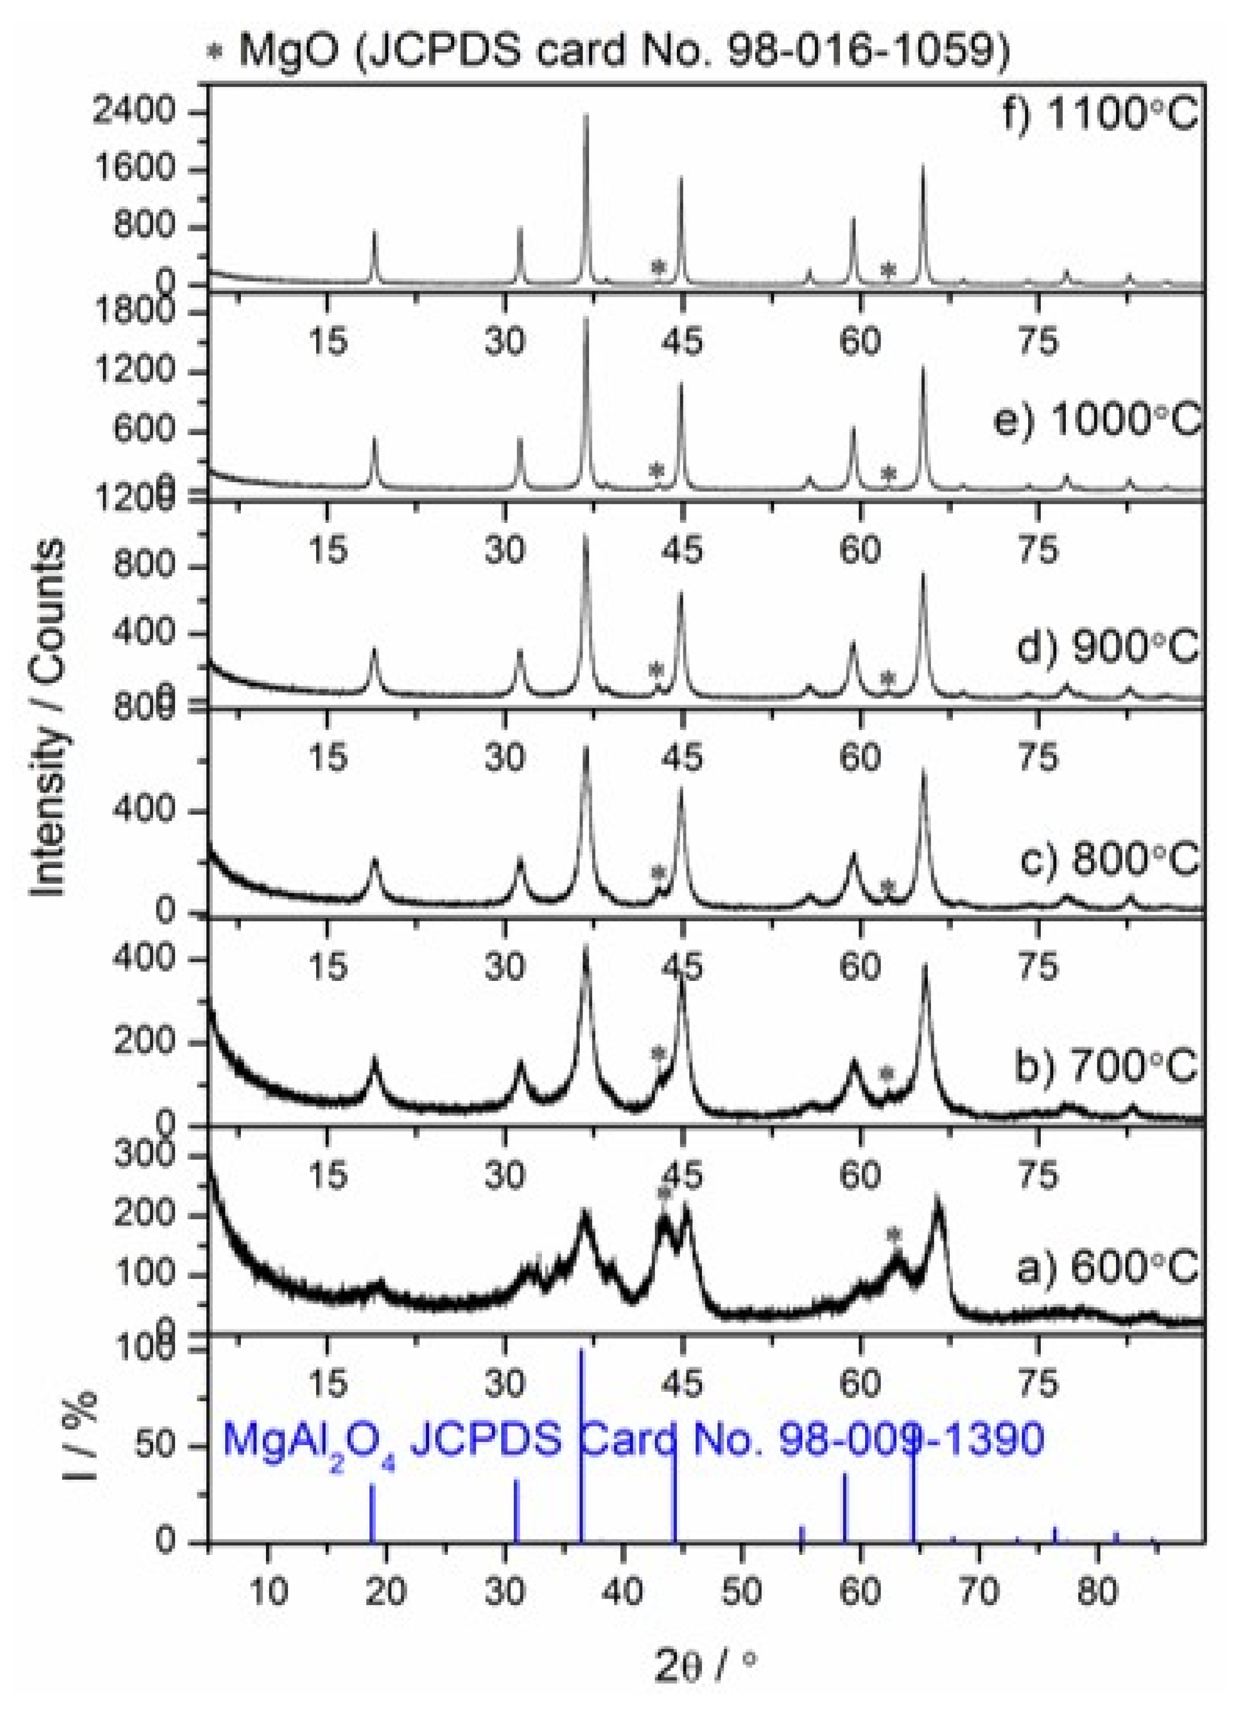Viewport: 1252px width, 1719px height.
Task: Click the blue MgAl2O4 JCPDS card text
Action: pyautogui.click(x=633, y=1440)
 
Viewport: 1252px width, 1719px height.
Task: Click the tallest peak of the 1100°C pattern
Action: pyautogui.click(x=586, y=117)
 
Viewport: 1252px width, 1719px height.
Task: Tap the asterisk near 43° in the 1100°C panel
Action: pyautogui.click(x=658, y=267)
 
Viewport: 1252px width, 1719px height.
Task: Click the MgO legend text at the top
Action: pyautogui.click(x=621, y=50)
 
